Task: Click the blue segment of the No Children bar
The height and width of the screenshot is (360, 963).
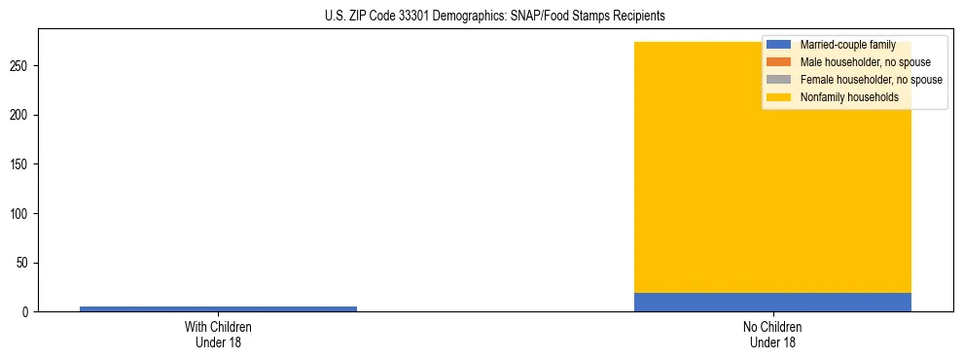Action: [772, 302]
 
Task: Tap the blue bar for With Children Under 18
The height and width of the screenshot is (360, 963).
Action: [218, 308]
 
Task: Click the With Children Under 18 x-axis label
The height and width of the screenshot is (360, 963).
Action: [218, 334]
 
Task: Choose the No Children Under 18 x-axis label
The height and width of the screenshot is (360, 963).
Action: [772, 334]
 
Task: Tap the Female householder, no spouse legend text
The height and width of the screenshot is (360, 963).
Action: [871, 80]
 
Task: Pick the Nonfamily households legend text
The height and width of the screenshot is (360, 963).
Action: [849, 97]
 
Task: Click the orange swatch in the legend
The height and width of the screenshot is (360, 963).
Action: [778, 62]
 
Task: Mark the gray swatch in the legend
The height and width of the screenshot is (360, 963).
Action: [778, 80]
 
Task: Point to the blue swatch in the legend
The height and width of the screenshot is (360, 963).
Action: [778, 45]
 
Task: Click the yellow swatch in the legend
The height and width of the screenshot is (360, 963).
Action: [778, 97]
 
